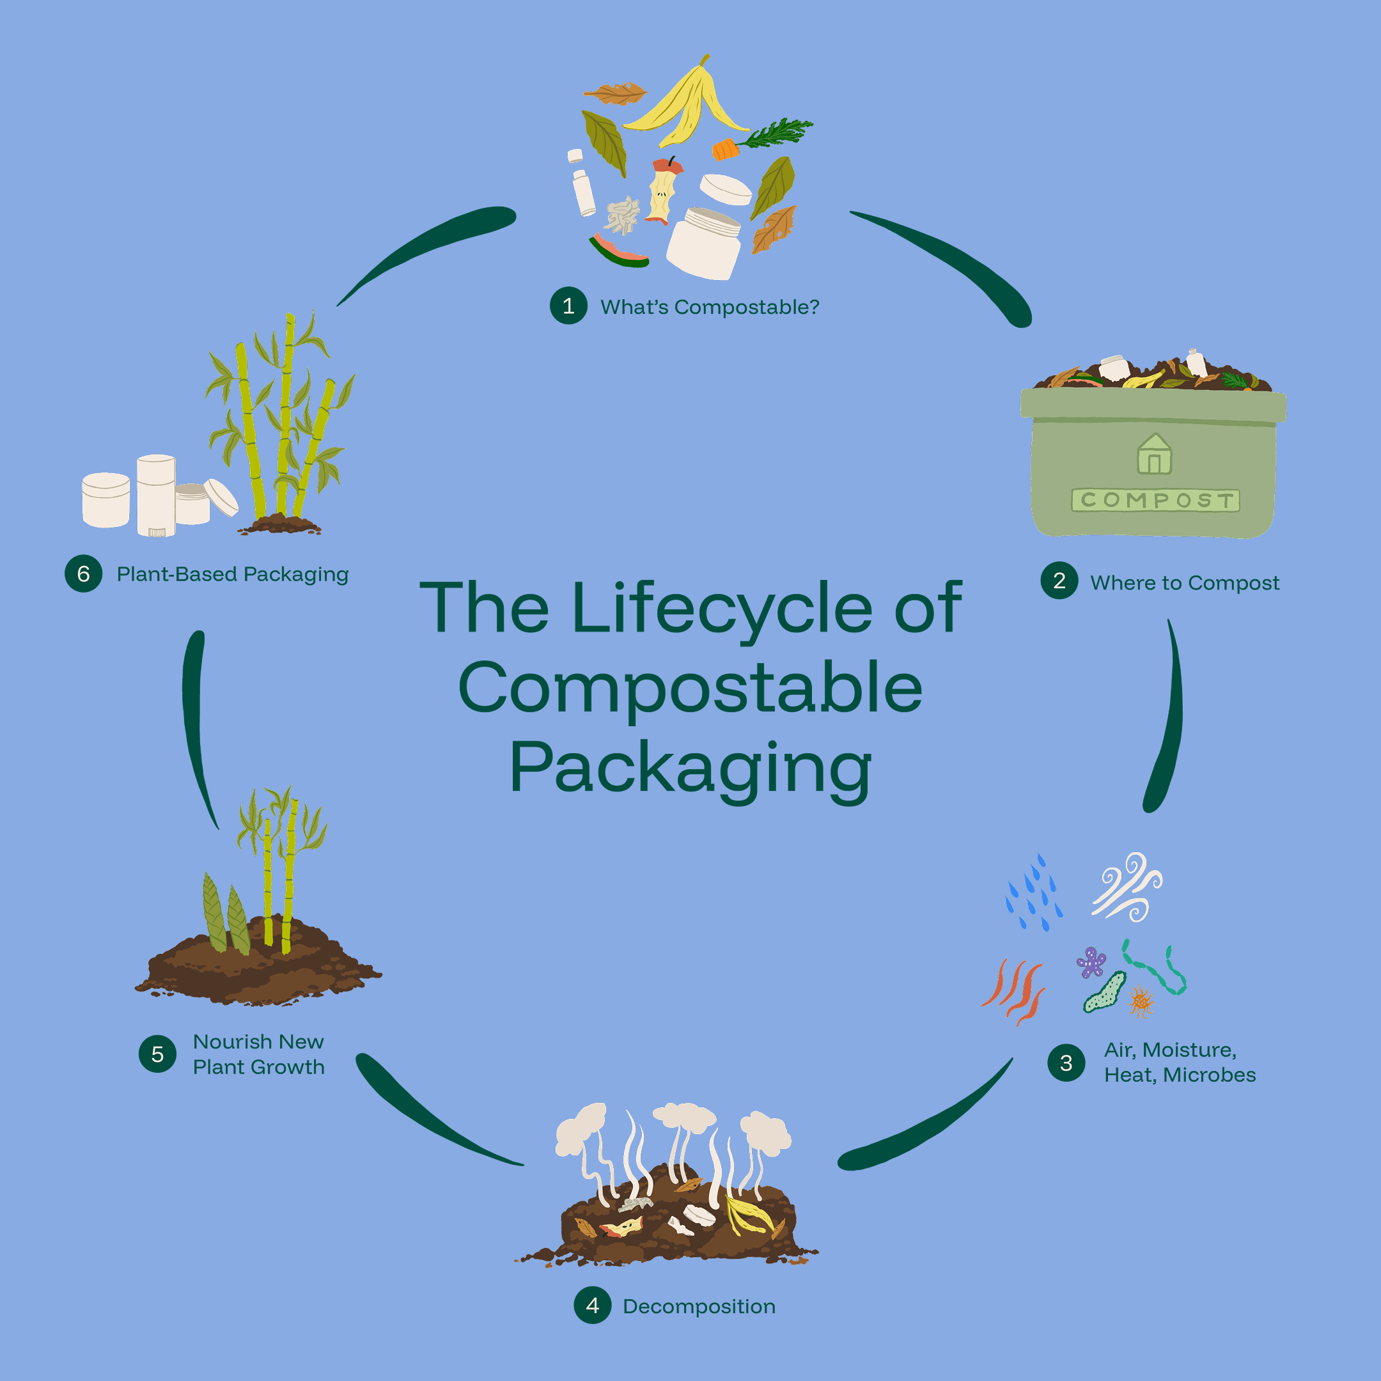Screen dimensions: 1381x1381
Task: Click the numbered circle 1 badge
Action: (x=568, y=306)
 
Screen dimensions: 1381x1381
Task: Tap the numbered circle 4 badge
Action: (x=593, y=1305)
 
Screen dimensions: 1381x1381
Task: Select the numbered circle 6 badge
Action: (x=84, y=573)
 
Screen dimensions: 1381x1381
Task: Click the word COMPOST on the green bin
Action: (x=1156, y=499)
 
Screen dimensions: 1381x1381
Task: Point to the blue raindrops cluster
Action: (x=1034, y=894)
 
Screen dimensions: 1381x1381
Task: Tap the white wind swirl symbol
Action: (x=1127, y=886)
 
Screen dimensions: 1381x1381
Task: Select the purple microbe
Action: (x=1091, y=962)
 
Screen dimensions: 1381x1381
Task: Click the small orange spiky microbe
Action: (x=1141, y=1001)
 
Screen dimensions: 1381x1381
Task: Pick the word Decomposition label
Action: (x=698, y=1307)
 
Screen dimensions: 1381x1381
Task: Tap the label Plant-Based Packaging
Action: (x=232, y=574)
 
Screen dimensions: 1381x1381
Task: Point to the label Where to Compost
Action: (x=1185, y=583)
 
